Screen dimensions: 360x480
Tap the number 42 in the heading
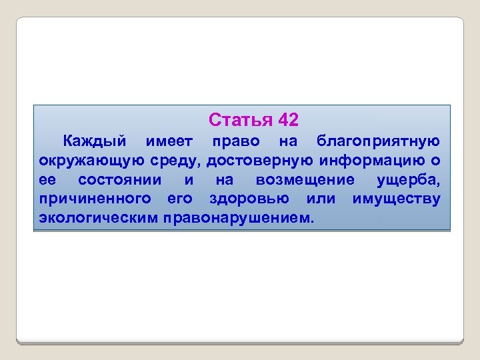[288, 120]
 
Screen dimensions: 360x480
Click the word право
[235, 141]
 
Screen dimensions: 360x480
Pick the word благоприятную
[378, 141]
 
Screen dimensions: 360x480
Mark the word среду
[179, 161]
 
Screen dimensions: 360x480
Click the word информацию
[373, 161]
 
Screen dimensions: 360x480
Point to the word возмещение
[305, 180]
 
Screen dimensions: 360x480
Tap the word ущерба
[408, 180]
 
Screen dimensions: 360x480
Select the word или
[320, 199]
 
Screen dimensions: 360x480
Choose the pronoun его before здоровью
[179, 199]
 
